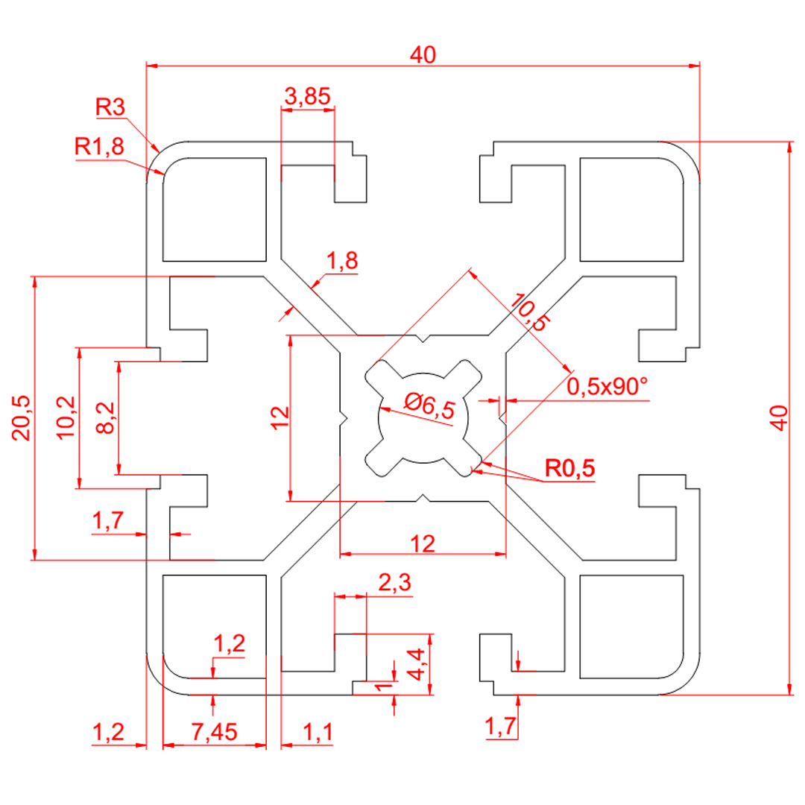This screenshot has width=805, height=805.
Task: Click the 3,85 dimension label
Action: [307, 95]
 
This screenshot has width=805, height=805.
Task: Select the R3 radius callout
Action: [111, 107]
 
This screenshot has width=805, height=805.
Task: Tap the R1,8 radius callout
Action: [100, 147]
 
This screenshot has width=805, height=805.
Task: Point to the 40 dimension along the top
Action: [422, 54]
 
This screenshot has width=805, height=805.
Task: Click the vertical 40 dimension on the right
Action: [779, 417]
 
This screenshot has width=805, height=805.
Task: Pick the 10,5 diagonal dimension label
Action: [529, 312]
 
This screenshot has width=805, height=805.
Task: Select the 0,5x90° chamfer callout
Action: [607, 387]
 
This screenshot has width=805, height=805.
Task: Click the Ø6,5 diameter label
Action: [429, 406]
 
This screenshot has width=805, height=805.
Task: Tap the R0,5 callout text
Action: [569, 469]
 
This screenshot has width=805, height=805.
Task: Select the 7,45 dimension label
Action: [214, 733]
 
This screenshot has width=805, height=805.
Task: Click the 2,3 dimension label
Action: [395, 584]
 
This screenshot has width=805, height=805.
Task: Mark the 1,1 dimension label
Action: [318, 733]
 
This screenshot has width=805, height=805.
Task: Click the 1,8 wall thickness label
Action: [342, 261]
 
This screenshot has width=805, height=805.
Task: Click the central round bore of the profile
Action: [423, 417]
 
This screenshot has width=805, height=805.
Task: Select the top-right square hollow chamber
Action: [631, 209]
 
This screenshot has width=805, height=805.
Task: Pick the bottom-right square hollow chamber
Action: [631, 626]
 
